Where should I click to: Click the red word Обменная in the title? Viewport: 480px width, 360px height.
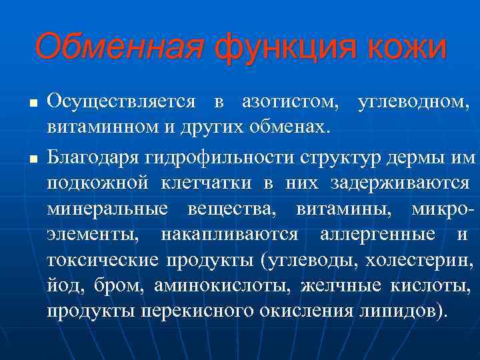pos(119,47)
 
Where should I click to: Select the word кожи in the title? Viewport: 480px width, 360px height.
pos(409,47)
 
